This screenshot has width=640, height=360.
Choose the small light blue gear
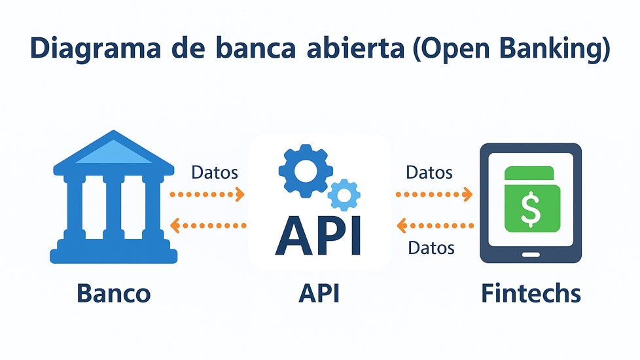click(x=343, y=194)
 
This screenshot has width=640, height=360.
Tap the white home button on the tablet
click(x=531, y=253)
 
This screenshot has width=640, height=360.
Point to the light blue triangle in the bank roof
click(x=114, y=153)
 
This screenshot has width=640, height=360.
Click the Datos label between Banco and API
click(x=215, y=173)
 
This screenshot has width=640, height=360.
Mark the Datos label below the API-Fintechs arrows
click(x=431, y=248)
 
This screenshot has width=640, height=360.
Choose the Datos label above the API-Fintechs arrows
click(x=429, y=173)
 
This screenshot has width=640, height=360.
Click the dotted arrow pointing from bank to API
click(x=207, y=194)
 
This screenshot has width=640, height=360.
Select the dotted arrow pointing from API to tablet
click(x=435, y=194)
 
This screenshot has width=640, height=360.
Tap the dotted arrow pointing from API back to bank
click(x=207, y=226)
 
